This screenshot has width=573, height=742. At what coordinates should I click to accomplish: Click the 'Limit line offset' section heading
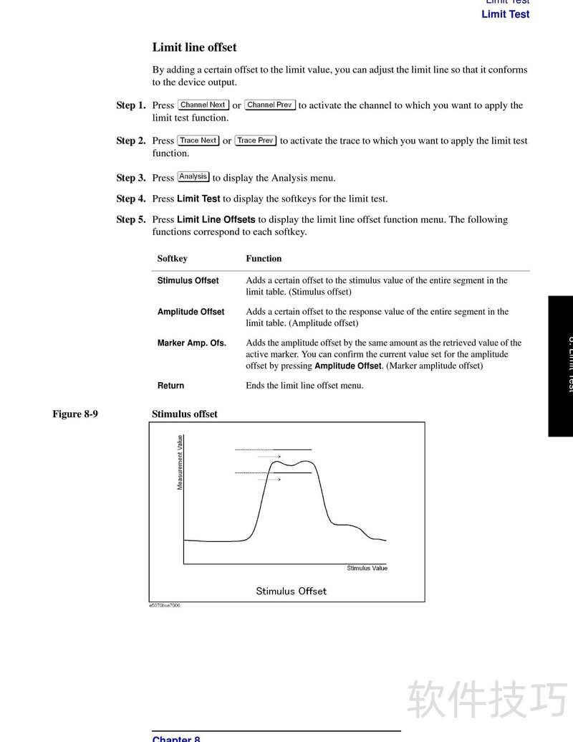point(194,47)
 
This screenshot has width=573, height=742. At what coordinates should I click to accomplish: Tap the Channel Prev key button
point(270,105)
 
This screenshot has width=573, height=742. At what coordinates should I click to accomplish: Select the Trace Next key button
point(198,141)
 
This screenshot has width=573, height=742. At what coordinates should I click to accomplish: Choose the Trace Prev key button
point(256,141)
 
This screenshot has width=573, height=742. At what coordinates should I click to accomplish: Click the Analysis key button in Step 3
point(193,177)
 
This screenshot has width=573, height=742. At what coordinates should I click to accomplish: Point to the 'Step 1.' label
point(131,105)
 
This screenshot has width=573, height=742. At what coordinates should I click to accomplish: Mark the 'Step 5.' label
point(131,219)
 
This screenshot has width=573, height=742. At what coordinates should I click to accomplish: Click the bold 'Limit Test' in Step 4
point(198,199)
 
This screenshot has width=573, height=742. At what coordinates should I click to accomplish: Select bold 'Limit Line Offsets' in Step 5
point(216,219)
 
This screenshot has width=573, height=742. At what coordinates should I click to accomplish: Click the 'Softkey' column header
point(173,258)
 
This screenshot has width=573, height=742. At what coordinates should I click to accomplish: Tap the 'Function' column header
point(264,258)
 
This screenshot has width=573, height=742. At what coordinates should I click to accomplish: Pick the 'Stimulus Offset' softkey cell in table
point(188,280)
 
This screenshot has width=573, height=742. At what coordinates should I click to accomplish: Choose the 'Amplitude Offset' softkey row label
point(191,312)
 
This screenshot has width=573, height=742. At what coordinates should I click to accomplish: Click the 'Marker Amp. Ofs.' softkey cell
point(192,343)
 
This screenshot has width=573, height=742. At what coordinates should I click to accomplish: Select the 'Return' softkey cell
point(171,386)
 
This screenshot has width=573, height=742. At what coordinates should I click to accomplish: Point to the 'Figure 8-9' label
point(75,414)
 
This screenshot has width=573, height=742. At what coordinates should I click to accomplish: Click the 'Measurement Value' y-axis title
point(180,462)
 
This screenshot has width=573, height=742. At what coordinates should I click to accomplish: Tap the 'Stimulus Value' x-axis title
point(367,568)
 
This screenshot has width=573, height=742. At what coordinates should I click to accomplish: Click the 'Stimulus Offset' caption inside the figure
point(291,591)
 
